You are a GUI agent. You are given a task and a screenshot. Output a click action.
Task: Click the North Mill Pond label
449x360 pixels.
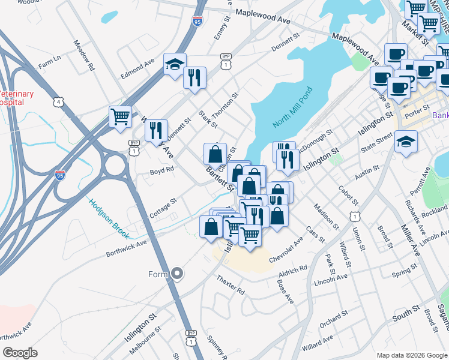pyautogui.click(x=294, y=107)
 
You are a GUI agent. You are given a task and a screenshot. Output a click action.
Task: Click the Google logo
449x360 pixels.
pyautogui.click(x=20, y=353)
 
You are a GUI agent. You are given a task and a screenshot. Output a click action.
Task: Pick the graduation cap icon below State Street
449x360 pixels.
pyautogui.click(x=406, y=142)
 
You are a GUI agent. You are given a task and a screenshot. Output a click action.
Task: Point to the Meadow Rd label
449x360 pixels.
pyautogui.click(x=83, y=56)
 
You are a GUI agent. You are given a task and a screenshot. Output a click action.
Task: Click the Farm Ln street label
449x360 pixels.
pyautogui.click(x=50, y=62)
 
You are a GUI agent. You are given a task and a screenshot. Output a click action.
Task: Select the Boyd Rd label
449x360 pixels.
pyautogui.click(x=162, y=170)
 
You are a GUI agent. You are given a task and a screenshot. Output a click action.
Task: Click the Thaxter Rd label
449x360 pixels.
pyautogui.click(x=231, y=286)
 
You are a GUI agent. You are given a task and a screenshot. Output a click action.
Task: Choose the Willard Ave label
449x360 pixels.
pyautogui.click(x=318, y=343)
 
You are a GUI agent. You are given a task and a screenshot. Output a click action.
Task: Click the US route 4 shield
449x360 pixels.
pyautogui.click(x=58, y=102)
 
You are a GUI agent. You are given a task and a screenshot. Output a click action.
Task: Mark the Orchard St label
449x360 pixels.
pyautogui.click(x=334, y=319)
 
